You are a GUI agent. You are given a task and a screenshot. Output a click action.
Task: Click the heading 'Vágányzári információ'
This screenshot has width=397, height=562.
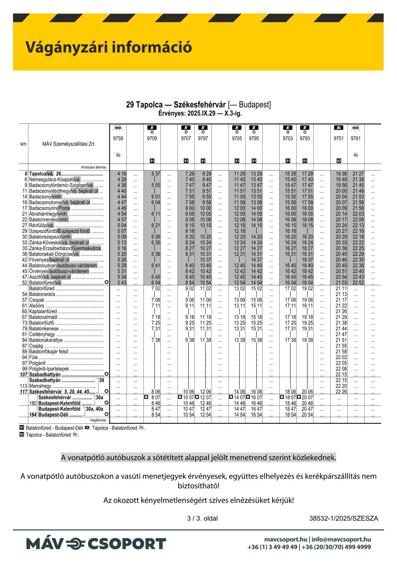(x=109, y=47)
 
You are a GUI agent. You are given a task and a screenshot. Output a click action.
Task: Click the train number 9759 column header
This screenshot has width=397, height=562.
(x=118, y=138)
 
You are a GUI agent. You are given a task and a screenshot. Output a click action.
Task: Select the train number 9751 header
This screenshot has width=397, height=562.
(x=339, y=138)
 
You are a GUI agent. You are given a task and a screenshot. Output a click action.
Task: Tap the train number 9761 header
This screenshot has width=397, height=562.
(x=356, y=138)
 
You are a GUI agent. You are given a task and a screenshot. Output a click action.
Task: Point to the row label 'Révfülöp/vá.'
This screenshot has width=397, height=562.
(x=41, y=225)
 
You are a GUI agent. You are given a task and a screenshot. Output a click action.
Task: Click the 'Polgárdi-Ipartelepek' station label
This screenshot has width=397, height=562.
(x=49, y=369)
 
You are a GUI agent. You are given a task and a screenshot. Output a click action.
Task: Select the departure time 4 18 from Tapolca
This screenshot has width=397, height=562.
(x=122, y=174)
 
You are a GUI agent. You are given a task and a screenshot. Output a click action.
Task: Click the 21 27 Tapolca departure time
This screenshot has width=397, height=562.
(x=358, y=174)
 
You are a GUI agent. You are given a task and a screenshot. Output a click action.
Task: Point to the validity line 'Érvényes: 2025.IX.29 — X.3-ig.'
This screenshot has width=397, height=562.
(x=200, y=113)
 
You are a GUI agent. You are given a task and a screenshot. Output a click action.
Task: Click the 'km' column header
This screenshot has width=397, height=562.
(x=23, y=144)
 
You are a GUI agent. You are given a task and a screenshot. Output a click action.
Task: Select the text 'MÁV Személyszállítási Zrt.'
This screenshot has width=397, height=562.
(x=69, y=144)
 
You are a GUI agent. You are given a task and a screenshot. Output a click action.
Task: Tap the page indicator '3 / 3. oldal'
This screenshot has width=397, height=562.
(x=203, y=518)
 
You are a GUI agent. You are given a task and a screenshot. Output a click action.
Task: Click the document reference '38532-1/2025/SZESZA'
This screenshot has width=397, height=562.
(x=344, y=518)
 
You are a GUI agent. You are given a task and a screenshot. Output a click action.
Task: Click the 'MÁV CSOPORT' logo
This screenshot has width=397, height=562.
(x=96, y=544)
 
